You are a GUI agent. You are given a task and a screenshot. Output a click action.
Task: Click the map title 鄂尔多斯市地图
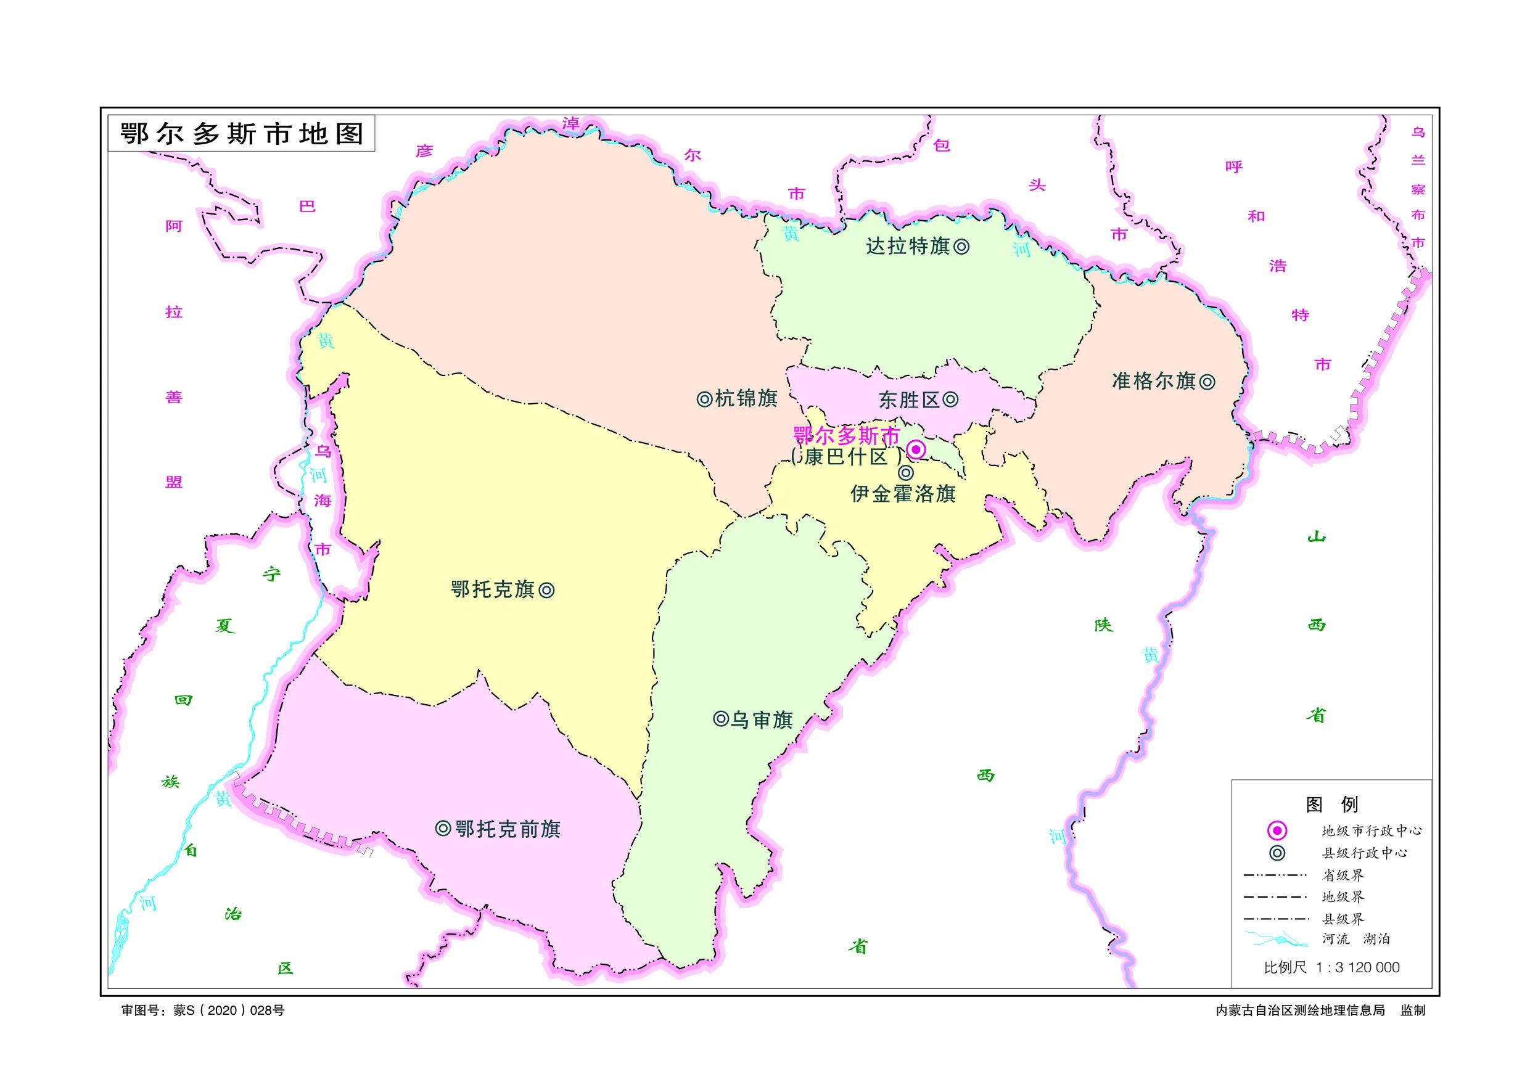(242, 134)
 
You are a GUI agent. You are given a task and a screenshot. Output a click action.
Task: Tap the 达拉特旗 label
(908, 247)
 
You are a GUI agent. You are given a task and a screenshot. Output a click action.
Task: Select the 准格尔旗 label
(1153, 381)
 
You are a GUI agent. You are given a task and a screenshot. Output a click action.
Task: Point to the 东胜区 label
(909, 400)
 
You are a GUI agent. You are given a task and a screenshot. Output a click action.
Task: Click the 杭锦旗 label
(746, 398)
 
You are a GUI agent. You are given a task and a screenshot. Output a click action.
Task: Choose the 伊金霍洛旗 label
(903, 494)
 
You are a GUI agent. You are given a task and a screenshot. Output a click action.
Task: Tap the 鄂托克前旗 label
(508, 829)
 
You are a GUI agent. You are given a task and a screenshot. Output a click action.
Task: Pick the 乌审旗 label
(762, 719)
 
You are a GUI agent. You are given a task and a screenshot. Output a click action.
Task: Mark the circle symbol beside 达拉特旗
(961, 247)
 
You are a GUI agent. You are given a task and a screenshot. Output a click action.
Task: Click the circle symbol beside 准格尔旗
(1207, 382)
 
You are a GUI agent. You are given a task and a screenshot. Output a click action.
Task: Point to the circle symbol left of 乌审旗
(720, 719)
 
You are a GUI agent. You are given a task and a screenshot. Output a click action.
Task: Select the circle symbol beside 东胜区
(951, 400)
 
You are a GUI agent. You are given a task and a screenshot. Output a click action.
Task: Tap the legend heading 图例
(1331, 804)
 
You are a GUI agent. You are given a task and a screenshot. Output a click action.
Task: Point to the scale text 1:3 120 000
(1357, 967)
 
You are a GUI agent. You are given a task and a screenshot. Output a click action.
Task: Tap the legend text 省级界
(1343, 875)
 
